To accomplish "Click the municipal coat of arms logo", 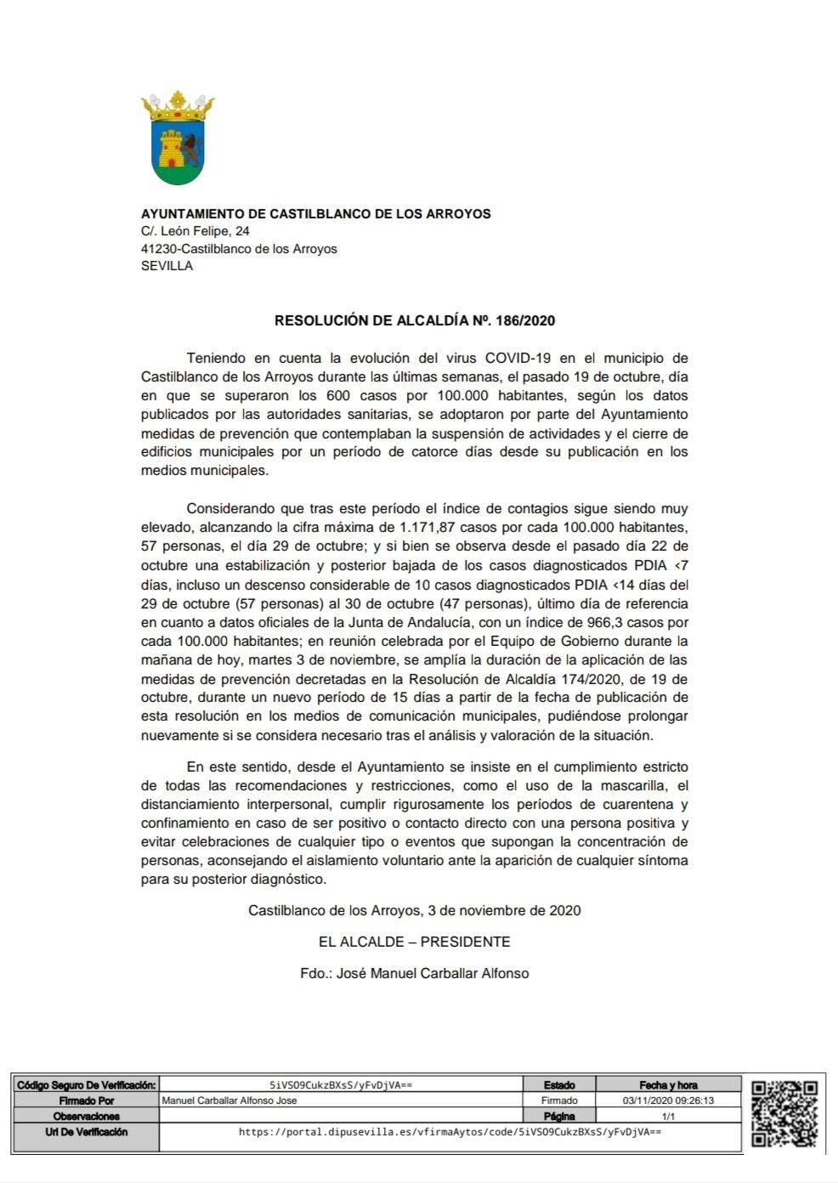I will click(x=178, y=140).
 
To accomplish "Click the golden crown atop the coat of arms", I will click(x=178, y=105).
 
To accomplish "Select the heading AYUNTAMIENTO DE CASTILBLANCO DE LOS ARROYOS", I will click(x=315, y=214).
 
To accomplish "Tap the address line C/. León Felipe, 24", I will click(x=195, y=231).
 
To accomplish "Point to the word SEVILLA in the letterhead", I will click(x=167, y=266).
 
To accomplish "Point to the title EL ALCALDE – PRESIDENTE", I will click(x=414, y=942).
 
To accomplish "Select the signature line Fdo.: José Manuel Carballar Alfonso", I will click(x=414, y=974).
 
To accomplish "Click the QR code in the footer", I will click(x=784, y=1112).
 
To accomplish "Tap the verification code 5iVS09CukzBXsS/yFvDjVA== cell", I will click(x=340, y=1084).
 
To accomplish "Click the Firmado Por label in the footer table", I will click(x=86, y=1101).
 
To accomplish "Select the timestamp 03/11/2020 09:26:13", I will click(x=668, y=1101).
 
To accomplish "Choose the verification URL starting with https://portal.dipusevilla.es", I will click(x=450, y=1132).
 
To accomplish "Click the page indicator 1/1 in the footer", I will click(x=668, y=1116).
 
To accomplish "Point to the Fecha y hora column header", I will click(x=668, y=1085).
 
